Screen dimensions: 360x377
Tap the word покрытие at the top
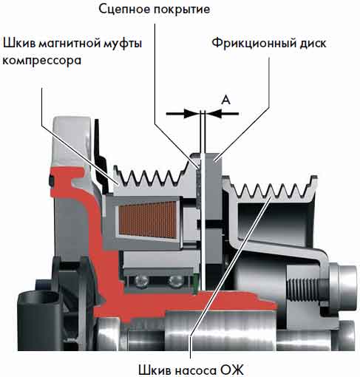(x=182, y=10)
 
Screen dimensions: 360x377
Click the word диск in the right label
(x=313, y=44)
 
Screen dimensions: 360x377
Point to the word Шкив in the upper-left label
(x=19, y=44)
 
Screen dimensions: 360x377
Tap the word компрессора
(x=42, y=61)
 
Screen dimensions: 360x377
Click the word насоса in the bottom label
(x=194, y=370)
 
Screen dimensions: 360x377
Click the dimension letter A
(x=226, y=100)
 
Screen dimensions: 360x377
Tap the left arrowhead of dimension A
(x=191, y=114)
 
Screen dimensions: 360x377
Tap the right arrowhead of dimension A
(x=214, y=114)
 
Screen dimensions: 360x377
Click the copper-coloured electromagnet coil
(x=147, y=220)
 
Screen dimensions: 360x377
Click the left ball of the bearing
(x=142, y=281)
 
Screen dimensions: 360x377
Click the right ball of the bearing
(x=175, y=281)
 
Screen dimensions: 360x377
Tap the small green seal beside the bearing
(x=196, y=283)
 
